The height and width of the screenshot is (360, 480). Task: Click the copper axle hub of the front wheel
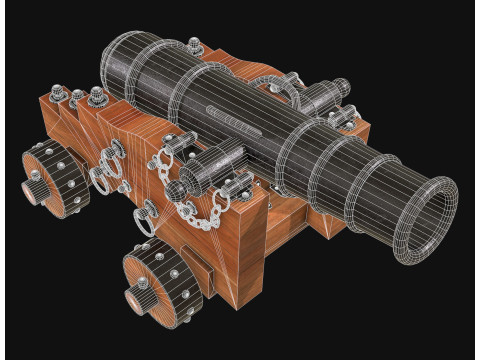pos(139,295)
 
